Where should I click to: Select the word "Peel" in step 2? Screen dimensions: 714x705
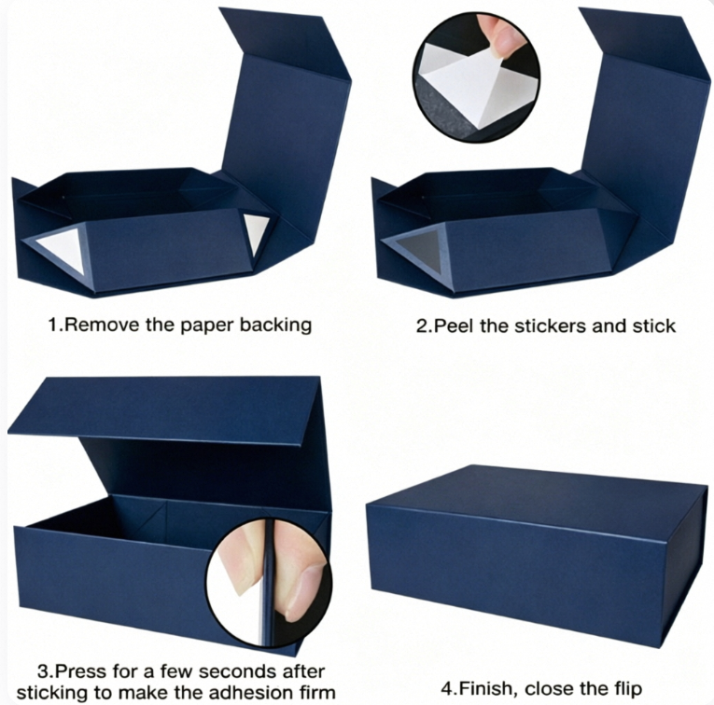[x=452, y=326]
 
